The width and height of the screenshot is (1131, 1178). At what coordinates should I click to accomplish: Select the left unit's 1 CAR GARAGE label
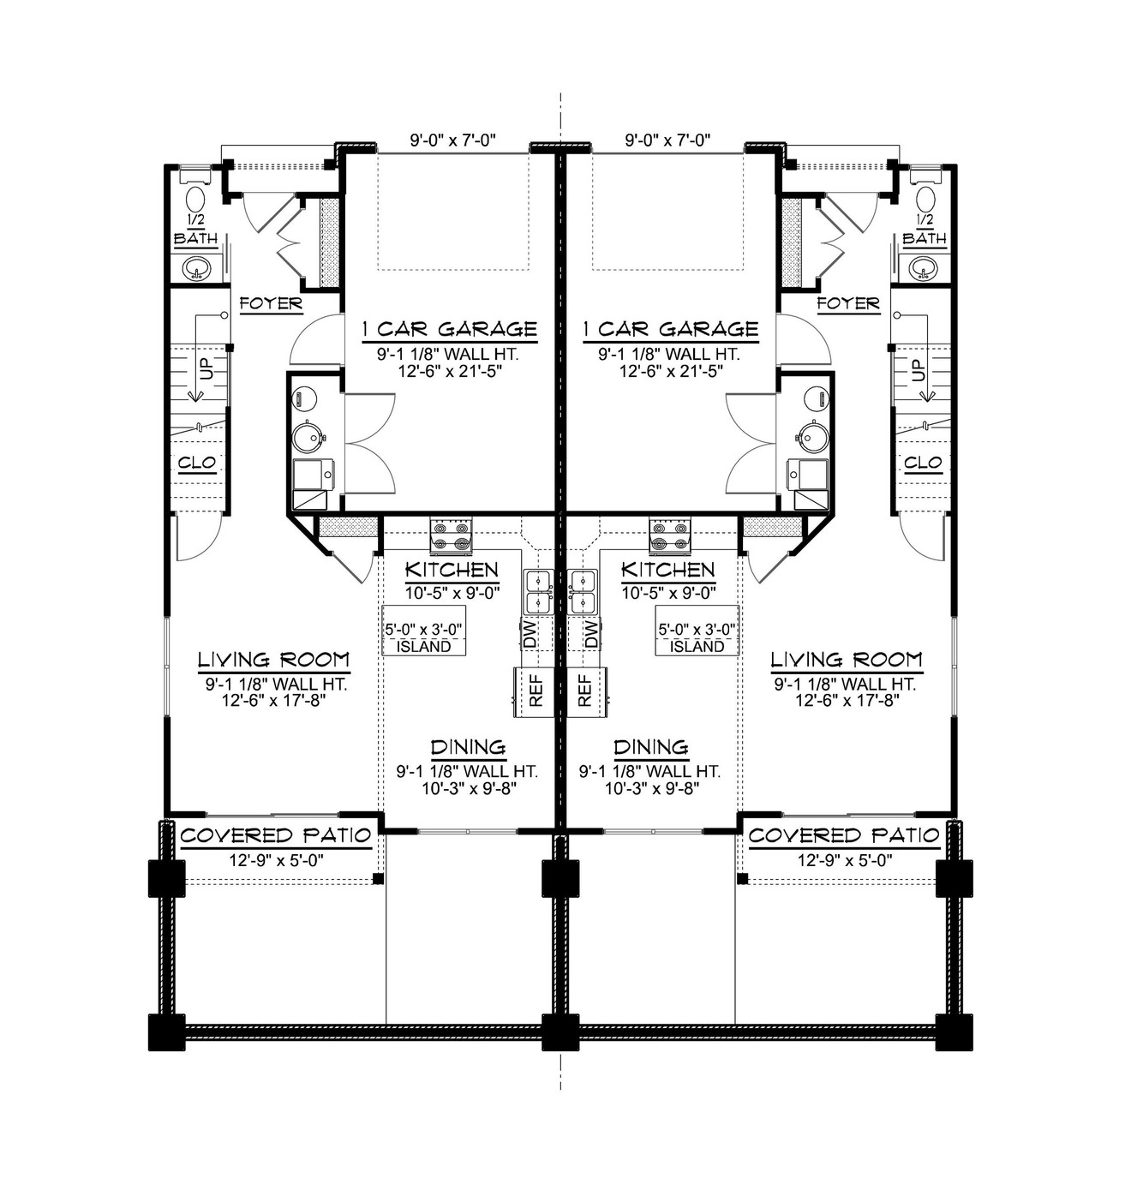(x=450, y=329)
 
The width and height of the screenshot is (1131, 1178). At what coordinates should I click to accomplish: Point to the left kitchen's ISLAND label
(x=423, y=646)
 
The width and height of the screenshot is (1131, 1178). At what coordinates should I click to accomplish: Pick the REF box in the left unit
(x=536, y=691)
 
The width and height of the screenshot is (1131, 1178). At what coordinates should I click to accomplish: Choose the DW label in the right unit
(x=590, y=634)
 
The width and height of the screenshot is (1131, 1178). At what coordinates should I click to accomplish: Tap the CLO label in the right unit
(x=923, y=463)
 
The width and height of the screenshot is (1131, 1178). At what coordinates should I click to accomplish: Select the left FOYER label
(x=271, y=303)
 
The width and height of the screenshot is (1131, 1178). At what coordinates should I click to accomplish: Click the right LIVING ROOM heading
(x=846, y=659)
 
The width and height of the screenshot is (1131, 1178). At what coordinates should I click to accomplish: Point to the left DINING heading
(x=468, y=747)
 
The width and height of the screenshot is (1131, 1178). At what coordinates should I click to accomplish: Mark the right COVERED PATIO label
(x=843, y=835)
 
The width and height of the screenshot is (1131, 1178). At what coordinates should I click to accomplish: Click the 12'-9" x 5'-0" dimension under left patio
(x=276, y=860)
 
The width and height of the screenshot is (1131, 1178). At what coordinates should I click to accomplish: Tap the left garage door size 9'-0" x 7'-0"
(x=453, y=140)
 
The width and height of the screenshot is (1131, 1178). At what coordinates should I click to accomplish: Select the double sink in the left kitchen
(x=538, y=591)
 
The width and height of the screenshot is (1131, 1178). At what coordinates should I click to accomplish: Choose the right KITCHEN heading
(x=667, y=570)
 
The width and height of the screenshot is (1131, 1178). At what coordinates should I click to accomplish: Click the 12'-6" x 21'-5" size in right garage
(x=667, y=371)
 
